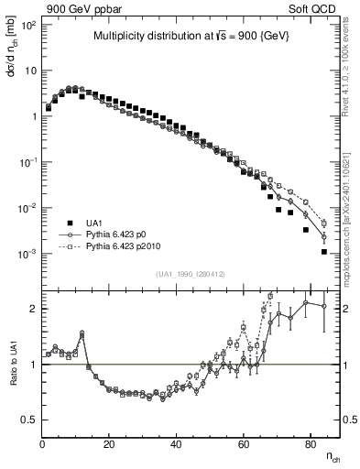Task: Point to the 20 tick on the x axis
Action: click(x=109, y=444)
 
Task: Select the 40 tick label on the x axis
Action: click(x=176, y=444)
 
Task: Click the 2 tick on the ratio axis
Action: click(x=34, y=309)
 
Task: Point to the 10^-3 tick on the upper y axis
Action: click(x=27, y=254)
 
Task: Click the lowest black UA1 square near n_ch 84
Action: click(x=324, y=252)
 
